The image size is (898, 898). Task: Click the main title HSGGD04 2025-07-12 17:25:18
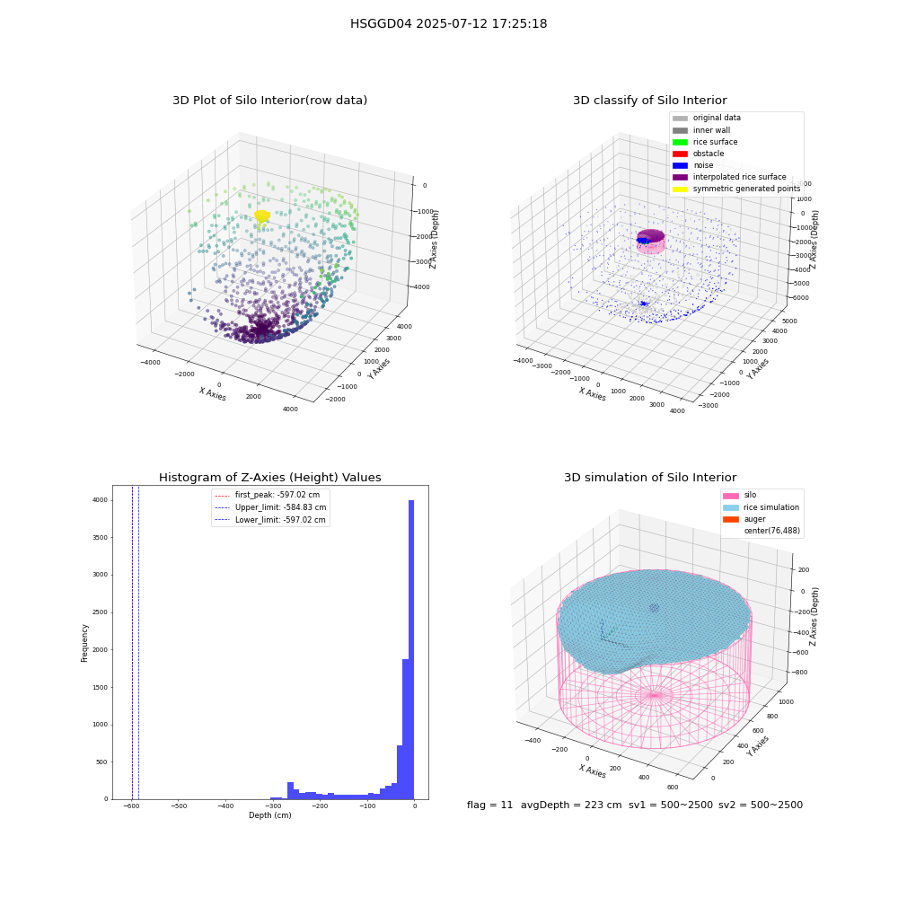448,23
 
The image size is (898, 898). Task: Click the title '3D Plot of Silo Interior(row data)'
269,101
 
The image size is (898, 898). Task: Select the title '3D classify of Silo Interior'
650,101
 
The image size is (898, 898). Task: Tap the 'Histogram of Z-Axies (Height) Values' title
269,477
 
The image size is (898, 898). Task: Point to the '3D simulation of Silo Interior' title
650,477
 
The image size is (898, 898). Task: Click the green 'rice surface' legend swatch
680,142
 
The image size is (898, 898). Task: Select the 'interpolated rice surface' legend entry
729,177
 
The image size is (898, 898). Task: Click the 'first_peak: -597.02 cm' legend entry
267,495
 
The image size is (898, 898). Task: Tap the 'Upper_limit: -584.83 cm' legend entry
270,507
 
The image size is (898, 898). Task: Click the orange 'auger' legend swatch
731,519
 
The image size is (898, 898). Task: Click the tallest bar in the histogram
410,649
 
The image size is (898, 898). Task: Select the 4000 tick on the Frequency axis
100,500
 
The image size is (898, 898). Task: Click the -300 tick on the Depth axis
273,806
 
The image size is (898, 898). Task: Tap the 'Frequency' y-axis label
84,643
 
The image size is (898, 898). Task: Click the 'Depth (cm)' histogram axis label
269,815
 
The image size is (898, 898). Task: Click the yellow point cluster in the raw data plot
261,216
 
